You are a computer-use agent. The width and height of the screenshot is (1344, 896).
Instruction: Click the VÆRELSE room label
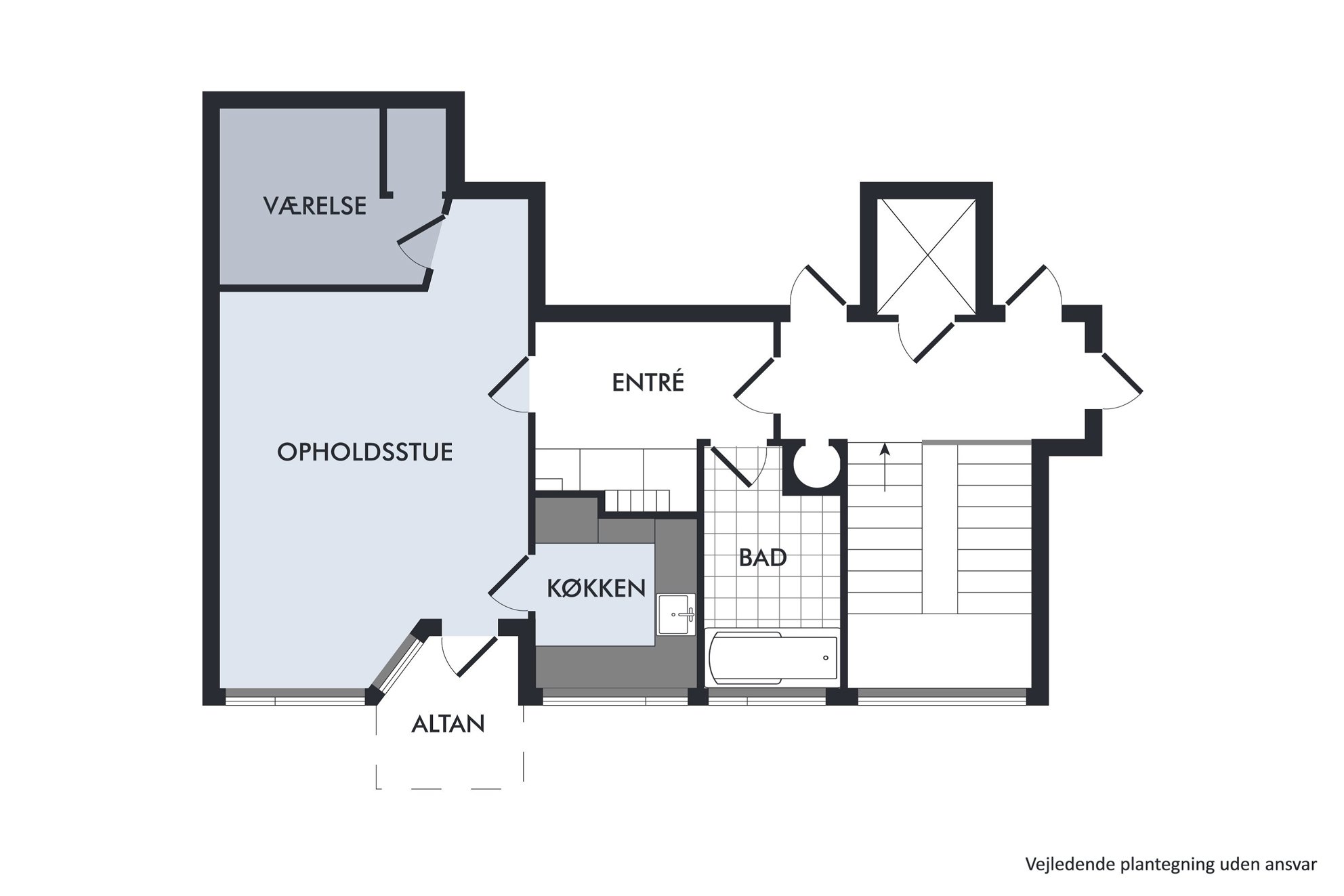[x=315, y=205]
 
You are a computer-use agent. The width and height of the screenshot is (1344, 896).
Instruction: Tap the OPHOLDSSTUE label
[x=365, y=452]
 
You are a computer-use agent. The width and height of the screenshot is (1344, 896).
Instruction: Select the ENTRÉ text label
[x=648, y=382]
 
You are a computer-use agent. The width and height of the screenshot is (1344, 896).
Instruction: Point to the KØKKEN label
[x=596, y=588]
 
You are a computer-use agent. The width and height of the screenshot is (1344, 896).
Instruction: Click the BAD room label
[x=763, y=557]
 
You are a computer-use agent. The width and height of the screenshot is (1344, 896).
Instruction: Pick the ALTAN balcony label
[x=448, y=724]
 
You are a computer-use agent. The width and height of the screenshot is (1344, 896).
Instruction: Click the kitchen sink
[x=677, y=614]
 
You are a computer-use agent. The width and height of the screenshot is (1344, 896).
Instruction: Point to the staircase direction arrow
[x=885, y=467]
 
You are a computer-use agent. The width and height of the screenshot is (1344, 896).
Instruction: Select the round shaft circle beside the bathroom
[x=816, y=465]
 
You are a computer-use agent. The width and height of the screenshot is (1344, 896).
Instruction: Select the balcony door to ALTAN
[x=477, y=656]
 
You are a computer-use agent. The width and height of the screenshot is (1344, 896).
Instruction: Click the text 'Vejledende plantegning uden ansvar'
[x=1171, y=864]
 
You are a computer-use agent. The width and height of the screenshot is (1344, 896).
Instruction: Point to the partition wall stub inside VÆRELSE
[x=385, y=153]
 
